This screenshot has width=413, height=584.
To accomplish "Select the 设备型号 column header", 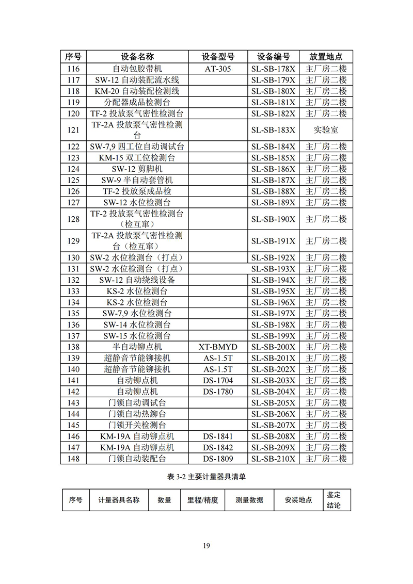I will click(218, 57).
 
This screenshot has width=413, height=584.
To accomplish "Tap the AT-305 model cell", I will click(218, 69).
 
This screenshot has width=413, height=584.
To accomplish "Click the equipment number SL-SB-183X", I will click(273, 130).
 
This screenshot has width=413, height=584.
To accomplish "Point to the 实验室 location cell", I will click(326, 130).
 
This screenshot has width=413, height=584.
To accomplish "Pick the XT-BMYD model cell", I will click(218, 347).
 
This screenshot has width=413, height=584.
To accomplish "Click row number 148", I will click(73, 459).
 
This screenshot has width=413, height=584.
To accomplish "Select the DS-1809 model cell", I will click(218, 459).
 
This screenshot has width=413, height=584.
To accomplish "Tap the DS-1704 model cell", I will click(218, 381).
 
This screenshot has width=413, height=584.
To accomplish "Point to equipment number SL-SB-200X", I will click(273, 347).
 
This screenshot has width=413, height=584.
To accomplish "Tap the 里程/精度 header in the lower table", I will click(199, 500).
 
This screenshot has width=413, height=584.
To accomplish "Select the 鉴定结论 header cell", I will click(333, 500).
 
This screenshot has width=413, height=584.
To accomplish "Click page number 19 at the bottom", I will click(206, 546).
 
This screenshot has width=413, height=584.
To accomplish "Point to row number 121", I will click(73, 130).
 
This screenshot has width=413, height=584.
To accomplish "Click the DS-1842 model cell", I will click(218, 448).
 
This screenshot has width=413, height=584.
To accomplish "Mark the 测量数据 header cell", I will click(249, 500).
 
